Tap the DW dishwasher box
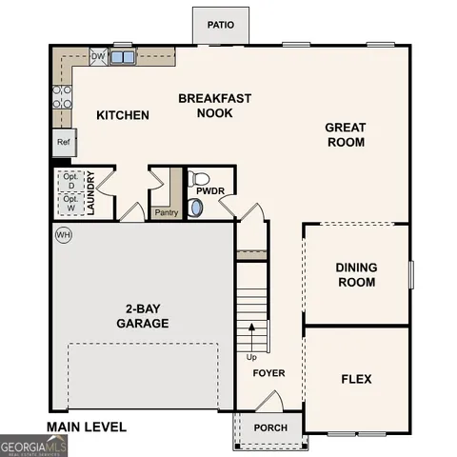[97, 57]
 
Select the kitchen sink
[122, 57]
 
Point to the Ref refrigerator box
[63, 142]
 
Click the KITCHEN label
[123, 115]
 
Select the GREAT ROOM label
[345, 134]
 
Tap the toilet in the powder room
[199, 178]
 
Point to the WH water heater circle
[64, 234]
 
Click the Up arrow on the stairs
[251, 338]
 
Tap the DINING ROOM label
[355, 275]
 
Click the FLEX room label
[356, 379]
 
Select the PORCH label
[269, 427]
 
